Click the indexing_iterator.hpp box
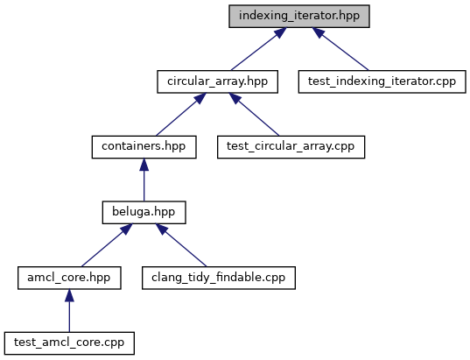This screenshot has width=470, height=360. (x=299, y=16)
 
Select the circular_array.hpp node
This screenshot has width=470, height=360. (x=218, y=81)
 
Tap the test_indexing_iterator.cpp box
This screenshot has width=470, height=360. (x=382, y=81)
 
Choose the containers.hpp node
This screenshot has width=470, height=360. (x=144, y=147)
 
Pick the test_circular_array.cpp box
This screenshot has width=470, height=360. (x=291, y=147)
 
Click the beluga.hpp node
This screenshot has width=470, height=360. (x=144, y=212)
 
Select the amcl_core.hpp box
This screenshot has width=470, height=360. (x=69, y=278)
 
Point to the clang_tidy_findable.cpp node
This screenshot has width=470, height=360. (x=219, y=278)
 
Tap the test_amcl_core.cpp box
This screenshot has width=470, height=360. (x=69, y=343)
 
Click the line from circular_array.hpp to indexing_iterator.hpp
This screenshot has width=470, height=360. (x=258, y=49)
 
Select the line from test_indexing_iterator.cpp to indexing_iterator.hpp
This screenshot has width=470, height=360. (x=340, y=49)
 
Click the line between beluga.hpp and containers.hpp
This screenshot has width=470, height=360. (x=144, y=180)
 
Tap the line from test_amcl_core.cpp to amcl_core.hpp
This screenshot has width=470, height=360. (x=69, y=310)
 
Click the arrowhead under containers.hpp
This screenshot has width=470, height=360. (x=144, y=165)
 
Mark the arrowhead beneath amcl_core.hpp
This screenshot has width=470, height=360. (x=69, y=295)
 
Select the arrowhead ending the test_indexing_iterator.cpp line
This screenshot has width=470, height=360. (x=318, y=32)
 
